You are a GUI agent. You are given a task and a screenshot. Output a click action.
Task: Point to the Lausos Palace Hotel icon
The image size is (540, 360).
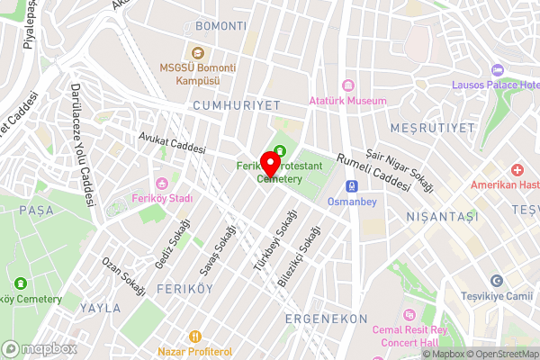click(x=497, y=70)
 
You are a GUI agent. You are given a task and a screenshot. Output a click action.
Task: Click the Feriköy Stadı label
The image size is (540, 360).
click(x=164, y=198)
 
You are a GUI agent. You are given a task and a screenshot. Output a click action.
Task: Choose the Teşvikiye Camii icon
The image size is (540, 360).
click(x=497, y=282)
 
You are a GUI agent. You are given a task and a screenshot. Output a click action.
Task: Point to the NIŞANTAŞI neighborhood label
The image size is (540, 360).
click(x=412, y=216)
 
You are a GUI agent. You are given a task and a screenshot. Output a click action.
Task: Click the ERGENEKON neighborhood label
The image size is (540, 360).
click(x=326, y=319)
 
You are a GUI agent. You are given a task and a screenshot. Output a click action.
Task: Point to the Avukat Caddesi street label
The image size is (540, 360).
click(x=172, y=143)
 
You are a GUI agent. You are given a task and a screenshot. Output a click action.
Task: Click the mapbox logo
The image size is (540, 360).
click(x=39, y=348)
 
